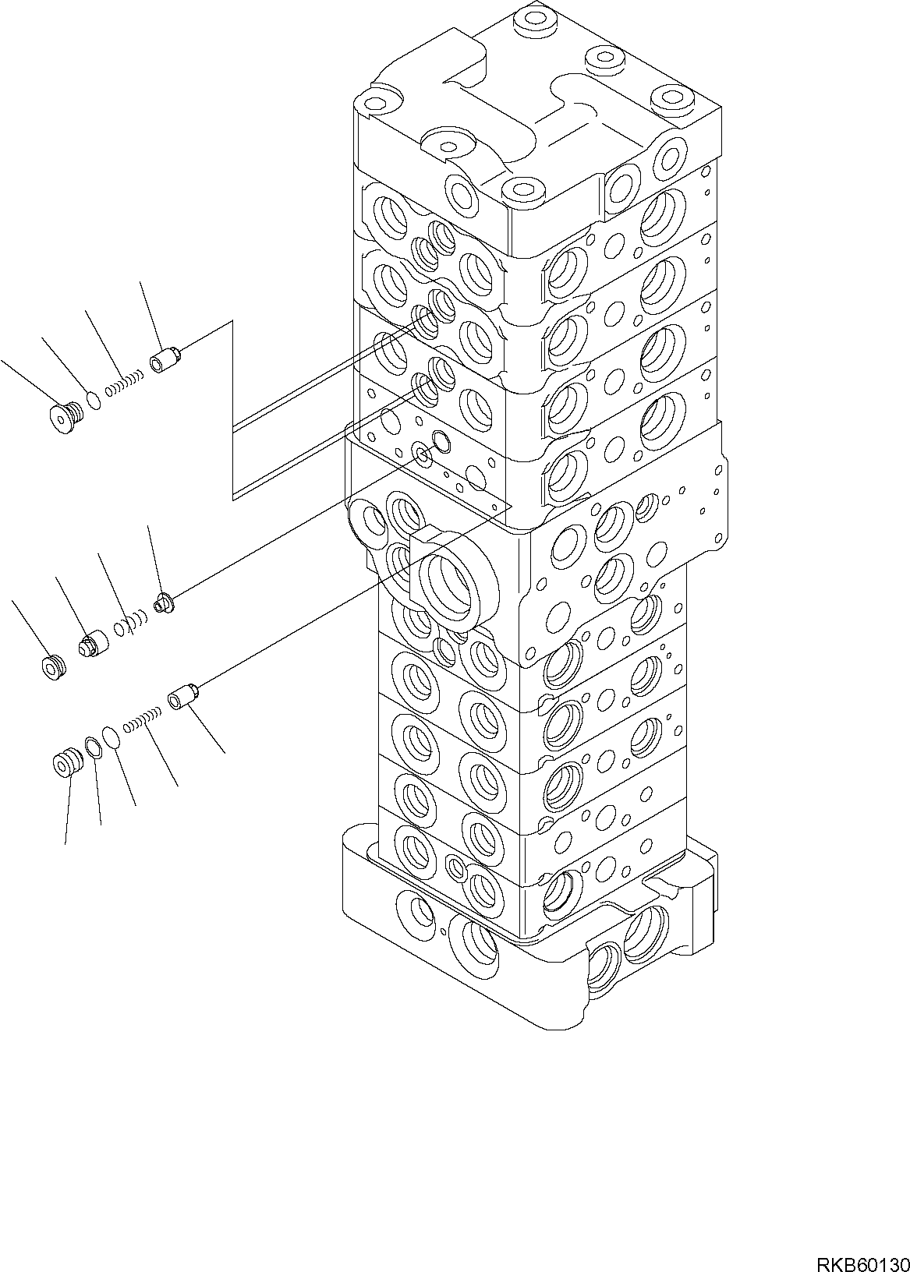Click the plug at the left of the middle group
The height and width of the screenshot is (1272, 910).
pos(53,667)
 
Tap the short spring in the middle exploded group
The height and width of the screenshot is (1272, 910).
pos(129,623)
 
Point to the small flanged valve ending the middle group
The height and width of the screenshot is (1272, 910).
pos(164,602)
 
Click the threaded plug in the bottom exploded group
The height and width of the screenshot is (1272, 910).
pos(66,761)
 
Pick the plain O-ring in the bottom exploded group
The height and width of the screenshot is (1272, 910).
pos(111,737)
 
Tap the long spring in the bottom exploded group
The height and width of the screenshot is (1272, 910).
pos(143,719)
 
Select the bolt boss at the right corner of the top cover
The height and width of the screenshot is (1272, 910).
pos(672,100)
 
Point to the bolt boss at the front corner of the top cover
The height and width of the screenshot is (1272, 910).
pos(519,190)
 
